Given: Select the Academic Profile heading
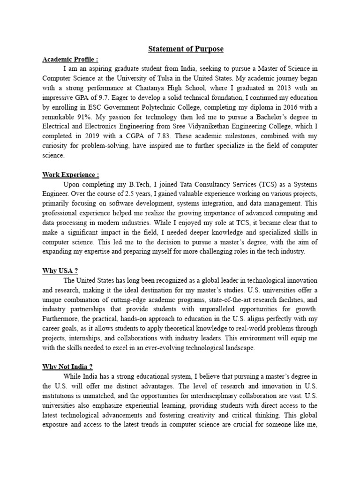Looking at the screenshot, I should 70,60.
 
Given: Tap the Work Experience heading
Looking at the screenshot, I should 71,175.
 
